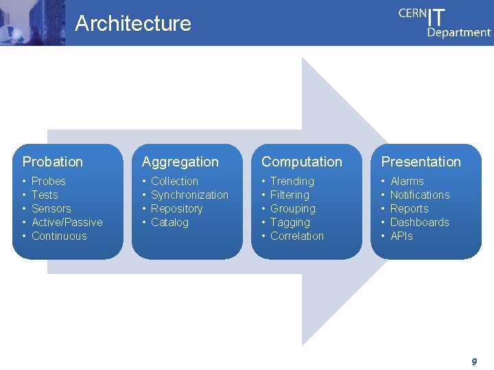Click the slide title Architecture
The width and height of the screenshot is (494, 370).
tap(133, 23)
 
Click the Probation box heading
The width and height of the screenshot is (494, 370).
tap(53, 162)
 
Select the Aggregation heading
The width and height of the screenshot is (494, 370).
tap(180, 162)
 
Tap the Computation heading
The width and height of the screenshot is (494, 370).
tap(301, 162)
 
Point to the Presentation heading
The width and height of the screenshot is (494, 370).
tap(421, 162)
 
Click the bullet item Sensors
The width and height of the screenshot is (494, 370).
tap(51, 208)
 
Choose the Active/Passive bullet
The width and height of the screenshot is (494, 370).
tap(67, 222)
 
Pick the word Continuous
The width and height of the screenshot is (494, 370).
tap(59, 236)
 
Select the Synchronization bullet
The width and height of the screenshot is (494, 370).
tap(189, 195)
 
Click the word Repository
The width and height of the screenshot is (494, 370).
tap(177, 208)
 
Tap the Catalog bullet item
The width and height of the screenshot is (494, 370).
tap(169, 222)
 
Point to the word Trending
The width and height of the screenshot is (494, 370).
tap(292, 181)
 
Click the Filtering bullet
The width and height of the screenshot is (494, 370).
tap(290, 195)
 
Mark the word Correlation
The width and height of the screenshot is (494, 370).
tap(297, 236)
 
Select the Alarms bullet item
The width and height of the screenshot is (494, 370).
tap(407, 181)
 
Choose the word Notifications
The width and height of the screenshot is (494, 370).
tap(420, 195)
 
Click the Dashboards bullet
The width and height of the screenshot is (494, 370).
tap(420, 222)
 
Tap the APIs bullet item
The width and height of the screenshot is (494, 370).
tap(401, 236)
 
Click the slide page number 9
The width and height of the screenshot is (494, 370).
tap(474, 361)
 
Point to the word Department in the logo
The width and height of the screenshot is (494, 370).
tap(459, 32)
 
